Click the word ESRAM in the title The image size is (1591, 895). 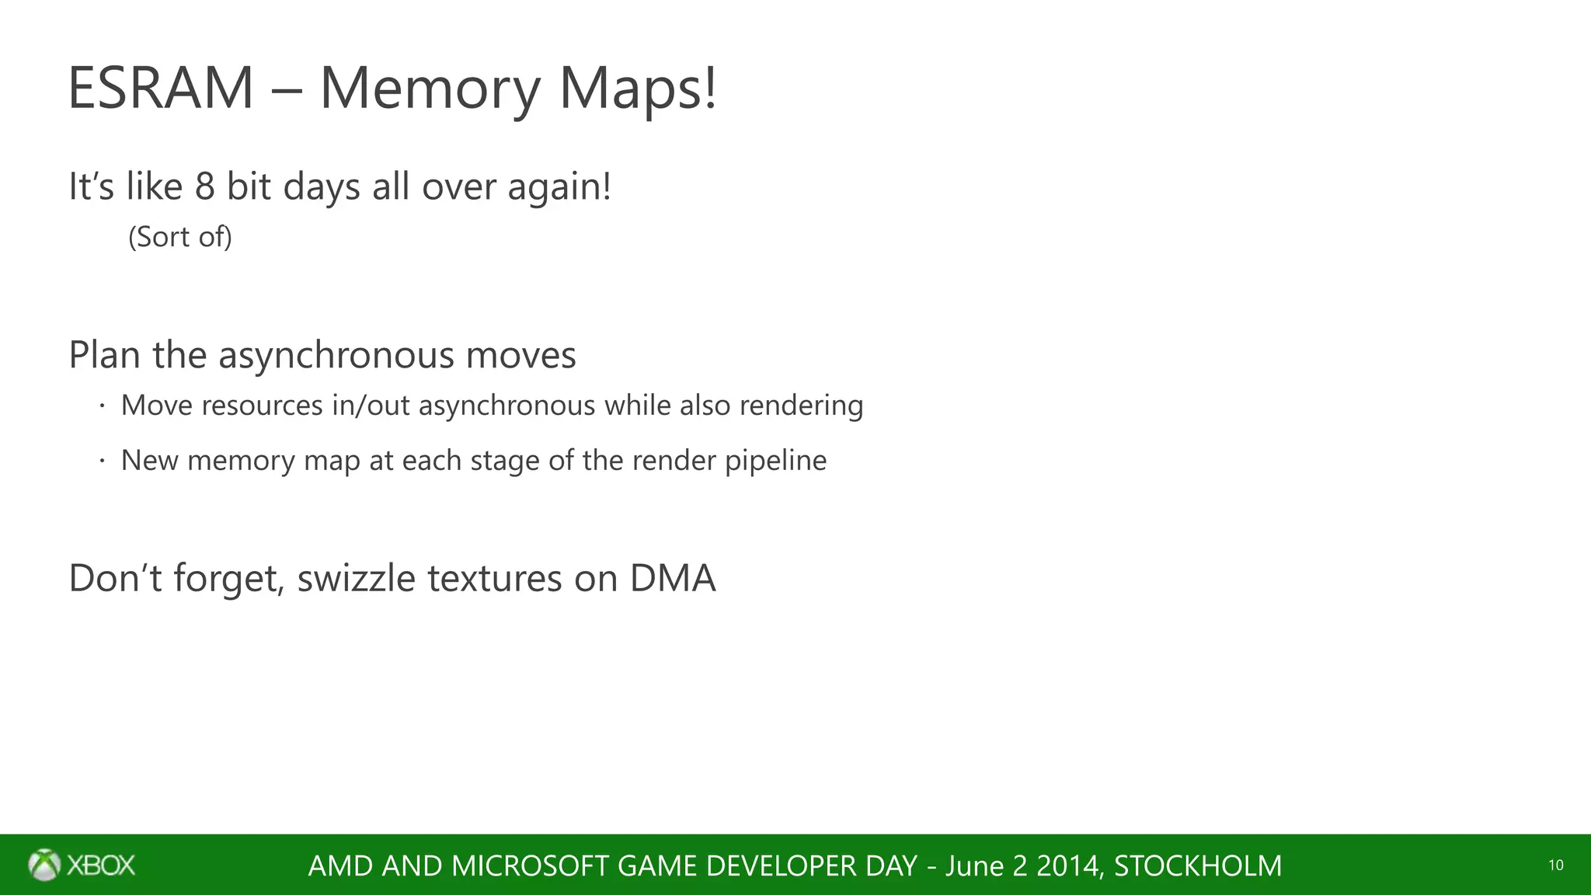161,89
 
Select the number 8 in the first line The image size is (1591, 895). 204,186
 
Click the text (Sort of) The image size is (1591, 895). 180,237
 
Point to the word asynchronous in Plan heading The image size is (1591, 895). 336,355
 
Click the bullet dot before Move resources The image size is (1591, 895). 102,406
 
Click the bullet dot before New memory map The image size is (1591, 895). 102,461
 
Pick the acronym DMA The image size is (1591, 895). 672,579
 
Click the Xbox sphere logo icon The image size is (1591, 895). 44,865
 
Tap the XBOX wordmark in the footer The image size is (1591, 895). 101,865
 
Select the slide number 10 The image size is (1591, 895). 1555,865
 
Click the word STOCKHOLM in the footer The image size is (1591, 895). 1197,865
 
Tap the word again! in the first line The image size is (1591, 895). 559,186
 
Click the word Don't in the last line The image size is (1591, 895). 115,579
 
